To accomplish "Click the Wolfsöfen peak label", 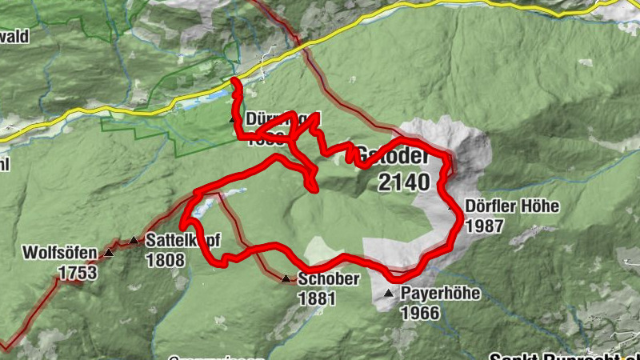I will pyautogui.click(x=59, y=254).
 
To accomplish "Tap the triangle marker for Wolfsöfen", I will pyautogui.click(x=109, y=254).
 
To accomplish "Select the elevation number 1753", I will pyautogui.click(x=77, y=274).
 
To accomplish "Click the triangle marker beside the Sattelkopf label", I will pyautogui.click(x=134, y=240).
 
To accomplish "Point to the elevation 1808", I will pyautogui.click(x=166, y=260).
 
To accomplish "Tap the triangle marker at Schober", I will pyautogui.click(x=286, y=279).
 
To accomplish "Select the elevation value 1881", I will pyautogui.click(x=317, y=299).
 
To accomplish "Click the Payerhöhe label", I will pyautogui.click(x=441, y=294).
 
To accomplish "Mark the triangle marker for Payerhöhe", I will pyautogui.click(x=389, y=294).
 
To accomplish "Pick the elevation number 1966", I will pyautogui.click(x=420, y=313).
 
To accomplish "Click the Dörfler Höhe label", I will pyautogui.click(x=513, y=206).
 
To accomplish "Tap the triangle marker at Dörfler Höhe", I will pyautogui.click(x=452, y=207).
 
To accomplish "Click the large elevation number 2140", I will pyautogui.click(x=405, y=182).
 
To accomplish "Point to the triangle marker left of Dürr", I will pyautogui.click(x=233, y=120).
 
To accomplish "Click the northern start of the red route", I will pyautogui.click(x=234, y=81).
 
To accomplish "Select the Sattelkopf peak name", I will pyautogui.click(x=182, y=240).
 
